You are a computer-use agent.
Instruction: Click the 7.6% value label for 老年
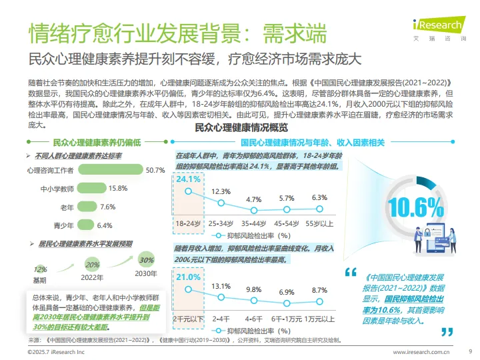point(108,207)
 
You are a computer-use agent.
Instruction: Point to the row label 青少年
point(65,225)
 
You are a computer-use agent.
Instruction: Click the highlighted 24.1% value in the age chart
point(188,179)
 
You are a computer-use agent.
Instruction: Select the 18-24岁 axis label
point(188,223)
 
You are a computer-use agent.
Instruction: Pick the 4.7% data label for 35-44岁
point(253,199)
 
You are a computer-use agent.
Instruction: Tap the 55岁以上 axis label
point(319,223)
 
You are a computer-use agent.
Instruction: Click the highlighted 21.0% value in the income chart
point(188,277)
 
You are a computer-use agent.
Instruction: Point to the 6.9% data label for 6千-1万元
point(287,292)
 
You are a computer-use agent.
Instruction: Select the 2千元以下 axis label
point(187,319)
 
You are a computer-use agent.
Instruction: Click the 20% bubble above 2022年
point(93,265)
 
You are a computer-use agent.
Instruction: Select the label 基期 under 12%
point(40,280)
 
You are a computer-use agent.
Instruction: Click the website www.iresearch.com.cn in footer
point(421,351)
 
